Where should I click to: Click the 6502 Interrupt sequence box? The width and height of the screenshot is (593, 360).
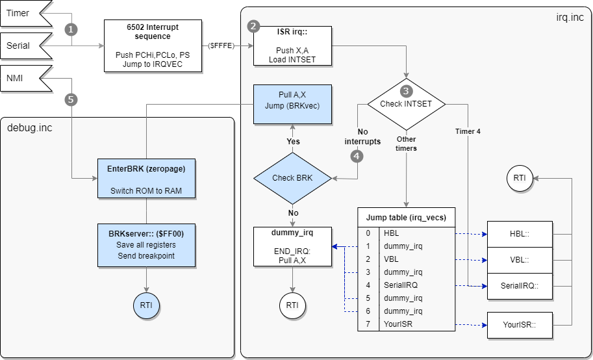click(153, 45)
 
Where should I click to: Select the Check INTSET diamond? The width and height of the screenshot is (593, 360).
click(406, 104)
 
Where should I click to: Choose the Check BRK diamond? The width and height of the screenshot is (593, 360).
click(292, 177)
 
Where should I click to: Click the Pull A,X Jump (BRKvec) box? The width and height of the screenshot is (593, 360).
click(292, 104)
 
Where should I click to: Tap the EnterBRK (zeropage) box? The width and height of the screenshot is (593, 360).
click(146, 177)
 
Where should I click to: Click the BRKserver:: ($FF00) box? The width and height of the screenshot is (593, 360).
click(146, 246)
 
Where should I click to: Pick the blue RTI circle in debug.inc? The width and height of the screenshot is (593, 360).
click(146, 304)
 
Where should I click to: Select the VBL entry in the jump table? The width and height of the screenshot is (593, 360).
click(392, 259)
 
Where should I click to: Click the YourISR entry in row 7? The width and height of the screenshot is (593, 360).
click(398, 324)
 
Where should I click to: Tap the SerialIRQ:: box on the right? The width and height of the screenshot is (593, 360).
click(520, 285)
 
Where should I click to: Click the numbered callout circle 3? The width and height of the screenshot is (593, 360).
click(406, 91)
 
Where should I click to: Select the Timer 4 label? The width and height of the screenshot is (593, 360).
click(468, 131)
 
